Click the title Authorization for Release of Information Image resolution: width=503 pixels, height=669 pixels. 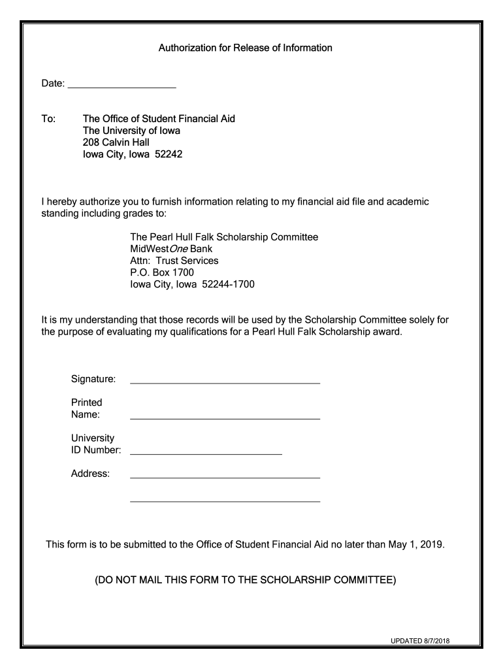[x=246, y=48]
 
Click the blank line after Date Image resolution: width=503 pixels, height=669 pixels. [x=122, y=86]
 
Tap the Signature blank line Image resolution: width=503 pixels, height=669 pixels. [x=225, y=382]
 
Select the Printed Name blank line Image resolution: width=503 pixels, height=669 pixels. [x=225, y=417]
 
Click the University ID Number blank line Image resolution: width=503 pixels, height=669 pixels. [x=206, y=453]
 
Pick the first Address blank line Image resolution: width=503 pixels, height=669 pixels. [x=225, y=478]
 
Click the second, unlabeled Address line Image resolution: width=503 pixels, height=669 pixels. [x=225, y=501]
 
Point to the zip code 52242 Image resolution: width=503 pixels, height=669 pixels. [x=168, y=154]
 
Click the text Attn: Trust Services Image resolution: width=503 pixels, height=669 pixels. [x=174, y=261]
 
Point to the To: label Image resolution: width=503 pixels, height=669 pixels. [x=49, y=119]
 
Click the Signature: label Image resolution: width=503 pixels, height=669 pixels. [x=93, y=379]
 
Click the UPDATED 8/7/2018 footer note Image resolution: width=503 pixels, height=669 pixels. [x=420, y=641]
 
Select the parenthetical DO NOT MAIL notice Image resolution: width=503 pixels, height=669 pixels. [x=246, y=579]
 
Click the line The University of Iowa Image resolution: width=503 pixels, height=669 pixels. [x=131, y=131]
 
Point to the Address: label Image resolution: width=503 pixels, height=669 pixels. [x=90, y=474]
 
